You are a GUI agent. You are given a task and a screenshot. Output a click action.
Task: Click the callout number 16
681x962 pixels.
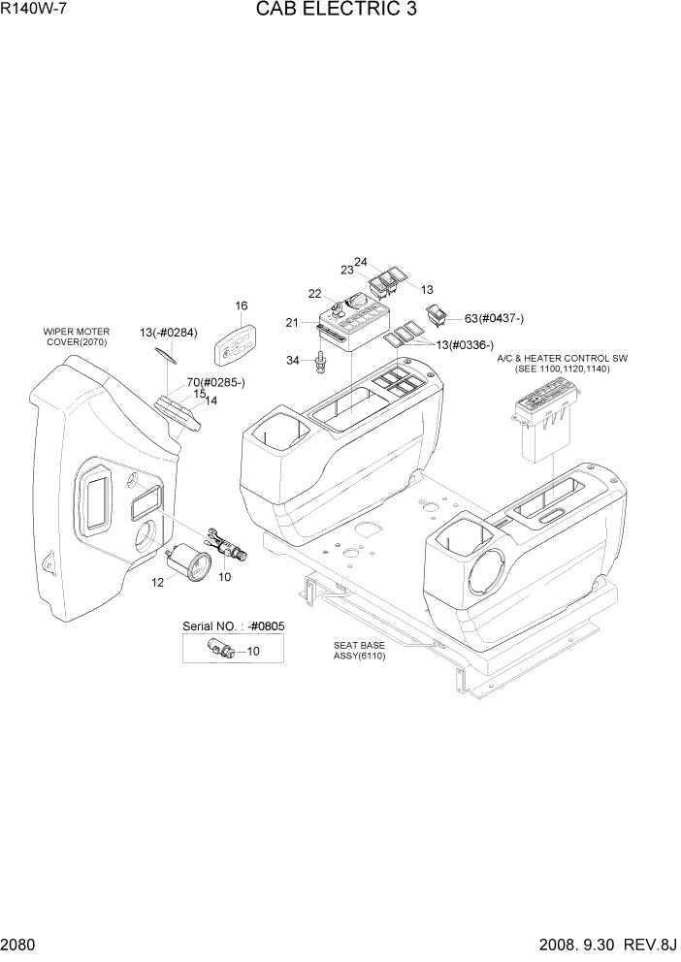click(x=241, y=306)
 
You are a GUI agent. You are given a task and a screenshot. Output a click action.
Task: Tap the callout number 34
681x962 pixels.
click(x=292, y=362)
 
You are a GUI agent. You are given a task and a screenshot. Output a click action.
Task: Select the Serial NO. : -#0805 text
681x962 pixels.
click(x=233, y=626)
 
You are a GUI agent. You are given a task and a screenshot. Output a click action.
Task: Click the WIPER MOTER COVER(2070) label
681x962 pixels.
click(x=76, y=337)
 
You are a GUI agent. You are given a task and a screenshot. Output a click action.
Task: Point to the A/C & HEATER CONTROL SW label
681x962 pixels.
click(x=562, y=358)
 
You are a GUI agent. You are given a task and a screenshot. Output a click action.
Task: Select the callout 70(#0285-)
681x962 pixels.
click(x=215, y=383)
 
